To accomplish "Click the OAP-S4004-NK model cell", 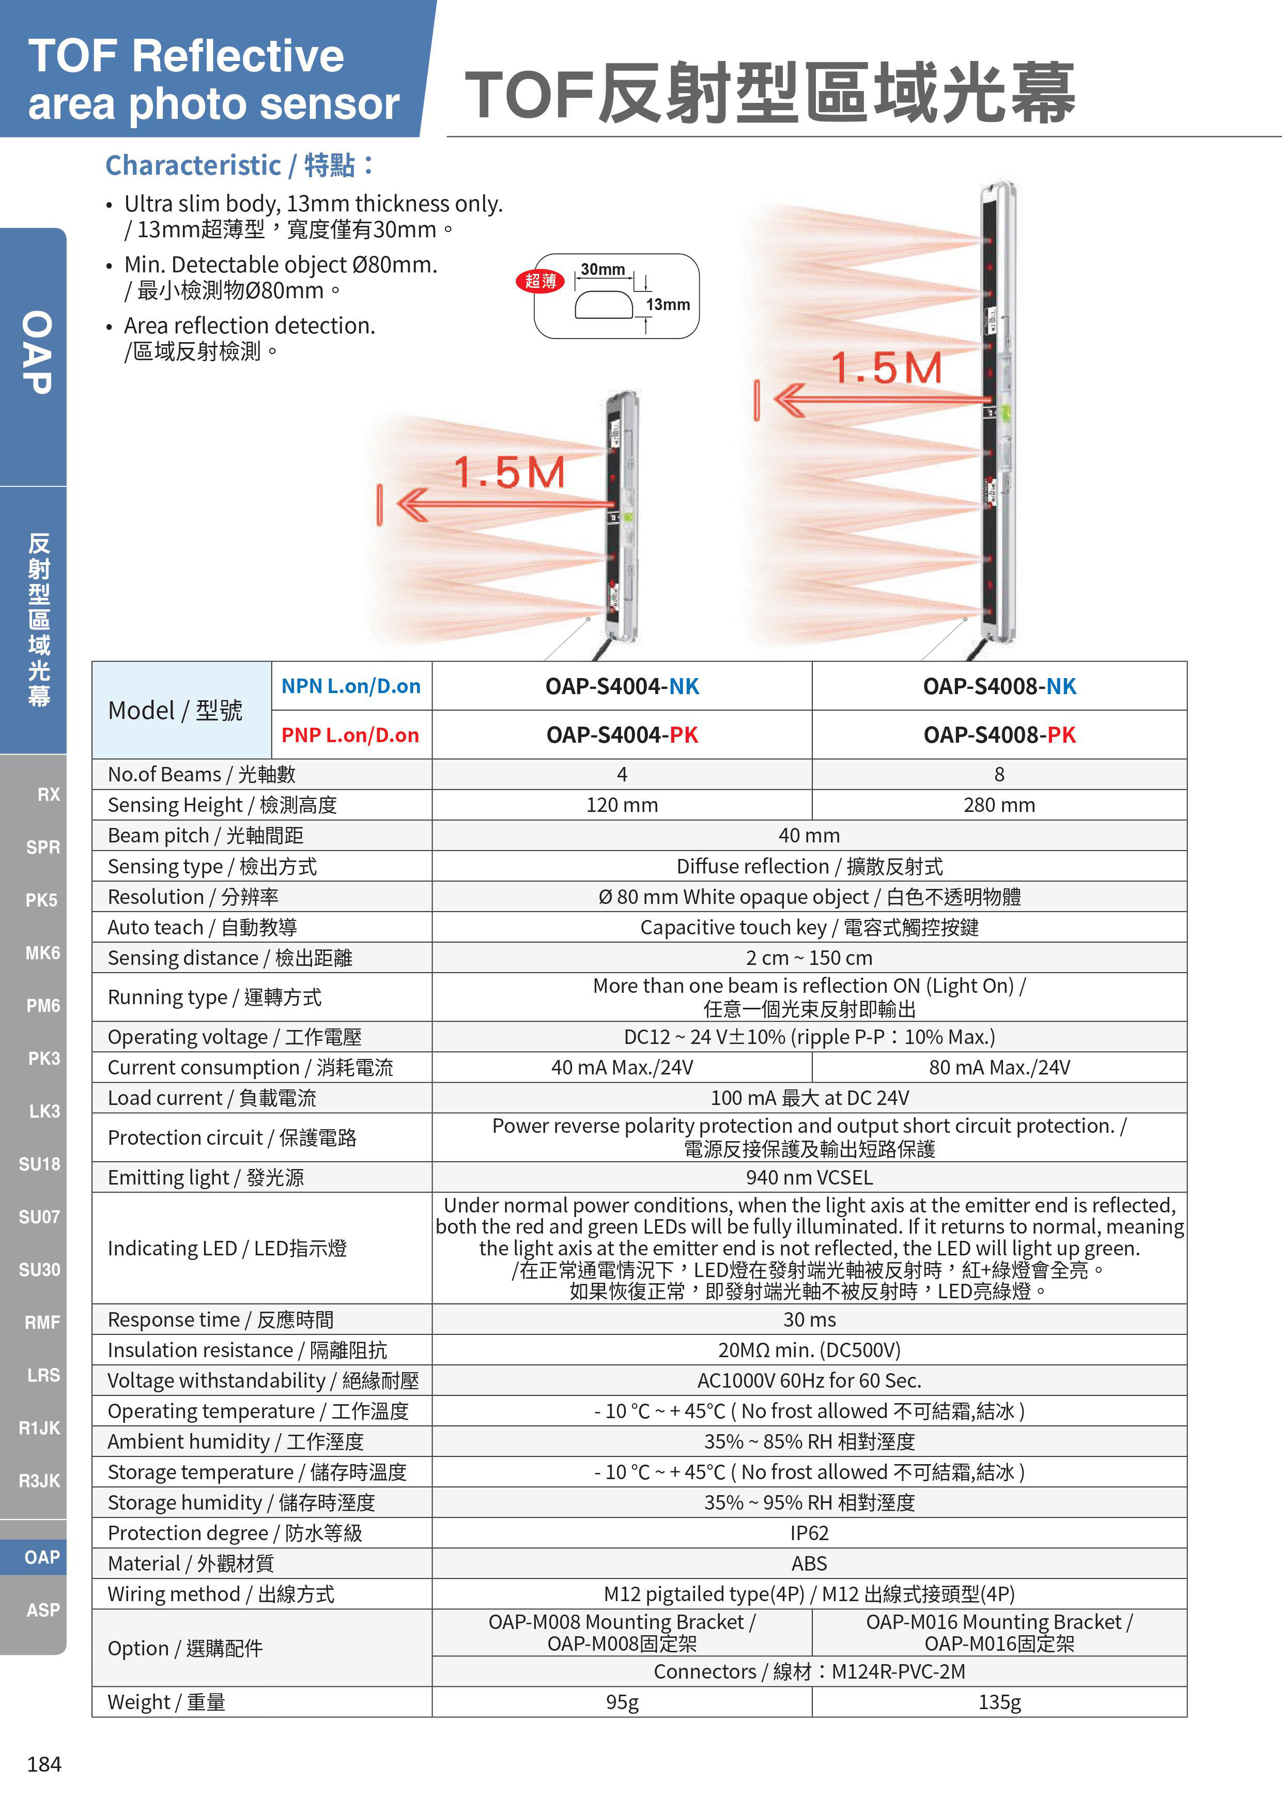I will coord(622,686).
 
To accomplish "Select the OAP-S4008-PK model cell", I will coord(999,735).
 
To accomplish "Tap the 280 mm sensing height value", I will coord(999,805).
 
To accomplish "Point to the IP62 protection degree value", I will coord(809,1533).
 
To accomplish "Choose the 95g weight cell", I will coord(622,1702).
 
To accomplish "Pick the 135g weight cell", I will coord(999,1702).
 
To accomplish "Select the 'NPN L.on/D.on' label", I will coord(351,686).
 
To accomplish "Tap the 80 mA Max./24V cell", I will coord(999,1068).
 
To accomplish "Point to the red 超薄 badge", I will coord(540,281).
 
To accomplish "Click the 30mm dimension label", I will coord(603,269).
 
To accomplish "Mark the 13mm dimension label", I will coord(668,305).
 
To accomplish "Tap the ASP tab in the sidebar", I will coord(42,1609).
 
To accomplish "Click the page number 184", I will coord(44,1764).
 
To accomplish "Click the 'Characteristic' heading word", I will coord(193,166).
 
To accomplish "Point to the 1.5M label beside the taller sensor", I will coord(887,368).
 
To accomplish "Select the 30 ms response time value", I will coord(809,1319).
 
